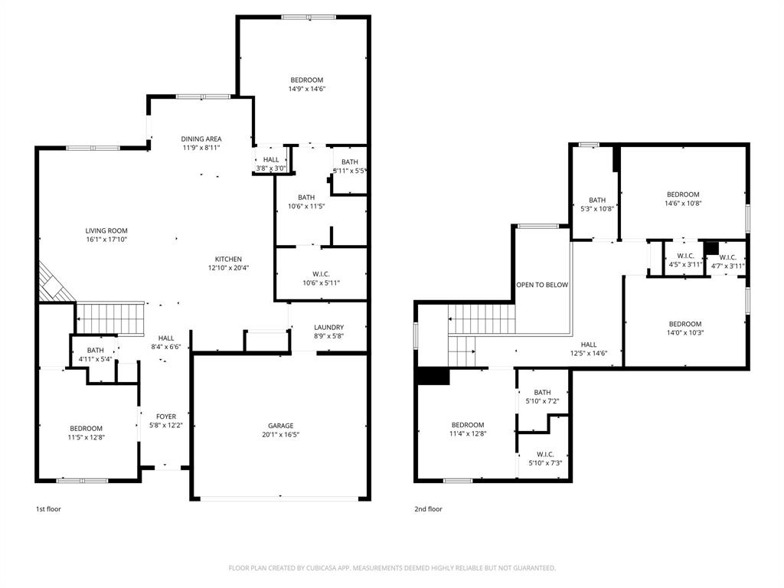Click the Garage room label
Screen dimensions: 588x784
(280, 426)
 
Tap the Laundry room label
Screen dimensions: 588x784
(328, 327)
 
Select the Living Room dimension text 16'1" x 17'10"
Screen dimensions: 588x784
(106, 240)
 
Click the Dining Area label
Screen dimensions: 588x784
(201, 139)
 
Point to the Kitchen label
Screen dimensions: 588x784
(228, 259)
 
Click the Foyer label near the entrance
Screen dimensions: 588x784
(165, 416)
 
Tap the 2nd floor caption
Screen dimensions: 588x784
(429, 509)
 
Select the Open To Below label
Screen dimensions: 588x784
(542, 285)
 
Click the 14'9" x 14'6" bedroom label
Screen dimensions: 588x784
(306, 80)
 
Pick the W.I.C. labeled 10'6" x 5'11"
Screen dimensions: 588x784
(320, 273)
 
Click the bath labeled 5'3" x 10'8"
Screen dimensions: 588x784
(597, 200)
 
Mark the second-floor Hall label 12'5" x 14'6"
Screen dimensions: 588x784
(588, 345)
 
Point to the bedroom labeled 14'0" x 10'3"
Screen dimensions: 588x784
(684, 324)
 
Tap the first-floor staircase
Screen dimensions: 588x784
(110, 318)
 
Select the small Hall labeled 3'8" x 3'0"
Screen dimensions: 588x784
(270, 159)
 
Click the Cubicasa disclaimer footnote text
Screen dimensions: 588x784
(392, 568)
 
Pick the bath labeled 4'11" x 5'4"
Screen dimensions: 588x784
(95, 350)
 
